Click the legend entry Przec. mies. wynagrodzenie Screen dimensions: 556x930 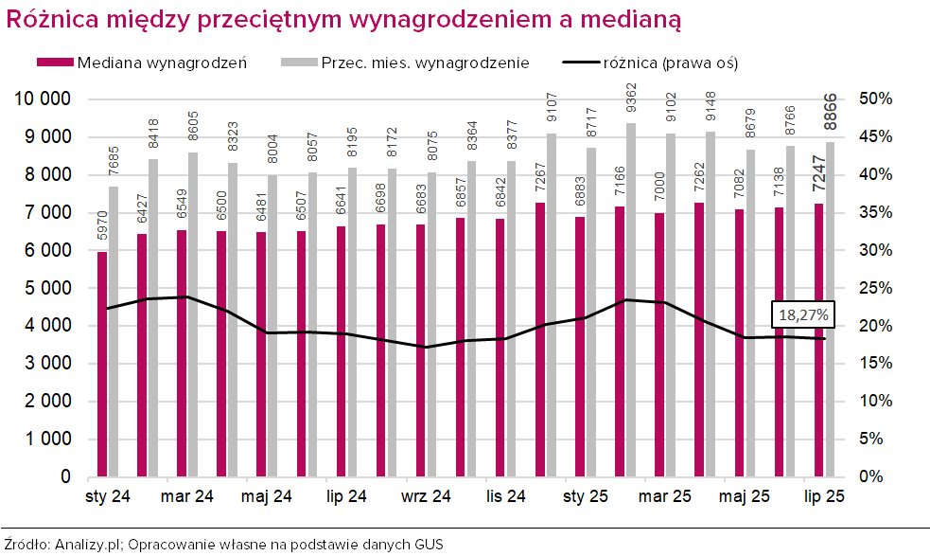tap(423, 63)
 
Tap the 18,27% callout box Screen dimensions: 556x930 tap(803, 314)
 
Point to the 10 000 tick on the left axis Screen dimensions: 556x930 tap(44, 99)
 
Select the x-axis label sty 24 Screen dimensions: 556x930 tap(108, 495)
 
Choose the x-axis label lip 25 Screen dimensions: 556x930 tap(824, 495)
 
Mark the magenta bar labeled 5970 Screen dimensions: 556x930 tap(102, 364)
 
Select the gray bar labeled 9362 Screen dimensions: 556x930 tap(631, 299)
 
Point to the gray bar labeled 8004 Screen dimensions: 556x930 tap(273, 325)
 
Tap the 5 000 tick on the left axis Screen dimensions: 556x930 tap(44, 288)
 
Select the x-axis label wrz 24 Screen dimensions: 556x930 tap(426, 495)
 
